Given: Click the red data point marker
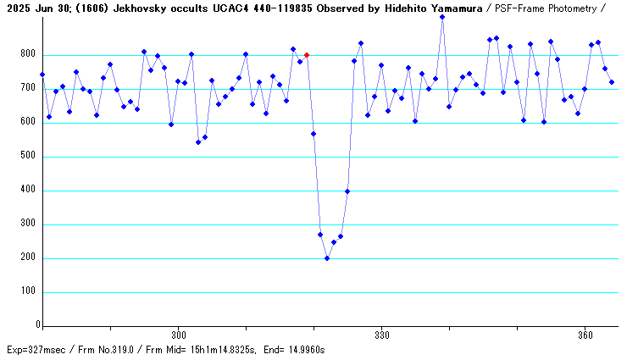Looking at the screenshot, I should [307, 55].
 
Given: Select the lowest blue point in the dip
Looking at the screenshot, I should [327, 258].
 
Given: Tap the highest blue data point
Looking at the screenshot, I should [442, 17].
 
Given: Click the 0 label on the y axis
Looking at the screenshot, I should [37, 325].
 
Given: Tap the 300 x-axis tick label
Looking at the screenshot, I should [178, 335].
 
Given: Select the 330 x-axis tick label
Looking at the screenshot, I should [381, 335].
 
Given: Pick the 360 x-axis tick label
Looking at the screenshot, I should [585, 335].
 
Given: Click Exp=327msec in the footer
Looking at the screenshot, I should [36, 350].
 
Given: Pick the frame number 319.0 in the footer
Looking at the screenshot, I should [134, 350].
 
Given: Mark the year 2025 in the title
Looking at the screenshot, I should [15, 7].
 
